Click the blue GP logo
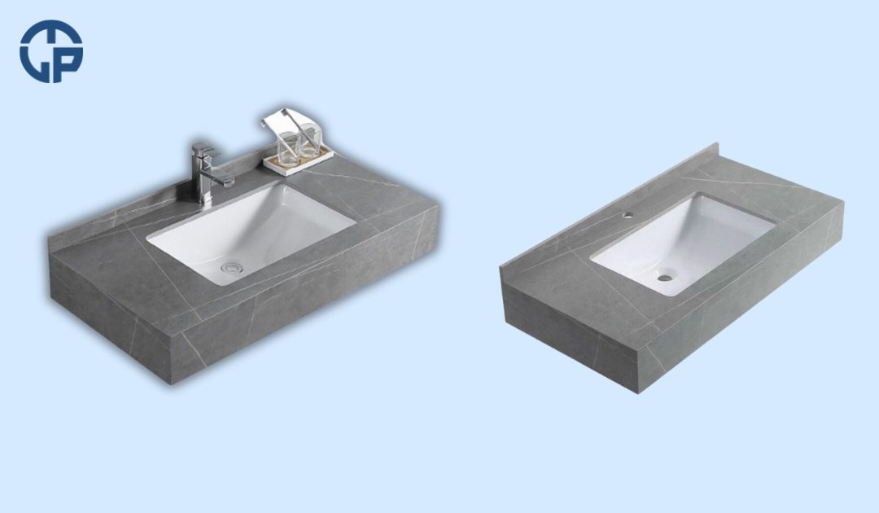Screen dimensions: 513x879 pyautogui.click(x=50, y=50)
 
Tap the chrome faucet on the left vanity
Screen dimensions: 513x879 pyautogui.click(x=203, y=171)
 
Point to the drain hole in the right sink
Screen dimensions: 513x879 pyautogui.click(x=665, y=278)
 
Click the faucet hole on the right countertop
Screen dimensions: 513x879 pyautogui.click(x=628, y=216)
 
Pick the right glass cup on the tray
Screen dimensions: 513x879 pyautogui.click(x=308, y=145)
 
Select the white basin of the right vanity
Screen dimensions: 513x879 pyautogui.click(x=684, y=240)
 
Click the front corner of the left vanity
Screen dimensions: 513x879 pyautogui.click(x=173, y=335)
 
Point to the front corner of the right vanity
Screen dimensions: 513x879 pyautogui.click(x=641, y=349)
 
